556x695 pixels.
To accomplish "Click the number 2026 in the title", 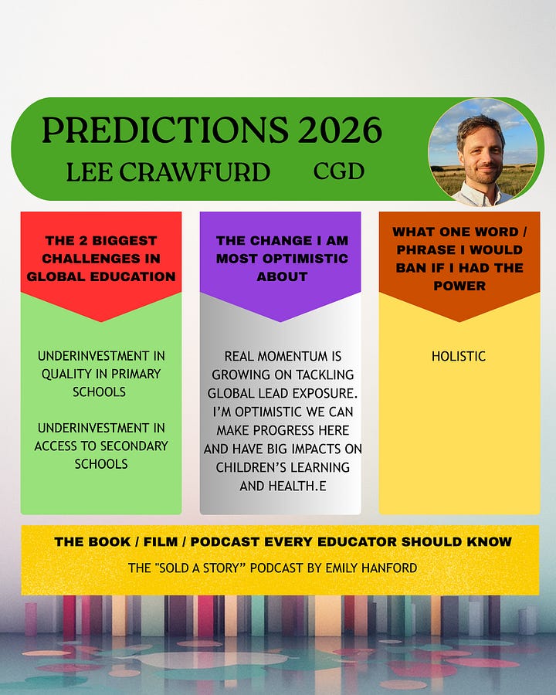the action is [340, 130].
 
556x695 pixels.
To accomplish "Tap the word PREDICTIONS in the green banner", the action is [165, 130].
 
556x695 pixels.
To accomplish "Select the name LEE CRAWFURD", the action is [168, 172].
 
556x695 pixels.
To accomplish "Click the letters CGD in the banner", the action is [339, 171].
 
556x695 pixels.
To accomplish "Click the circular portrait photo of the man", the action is [483, 152].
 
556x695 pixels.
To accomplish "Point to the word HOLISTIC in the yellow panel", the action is [459, 356].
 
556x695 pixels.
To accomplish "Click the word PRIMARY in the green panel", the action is [136, 374].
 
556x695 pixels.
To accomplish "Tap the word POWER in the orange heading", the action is [459, 286].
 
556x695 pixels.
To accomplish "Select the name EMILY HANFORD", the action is [371, 568].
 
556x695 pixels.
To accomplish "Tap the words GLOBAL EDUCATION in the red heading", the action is [101, 276].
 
